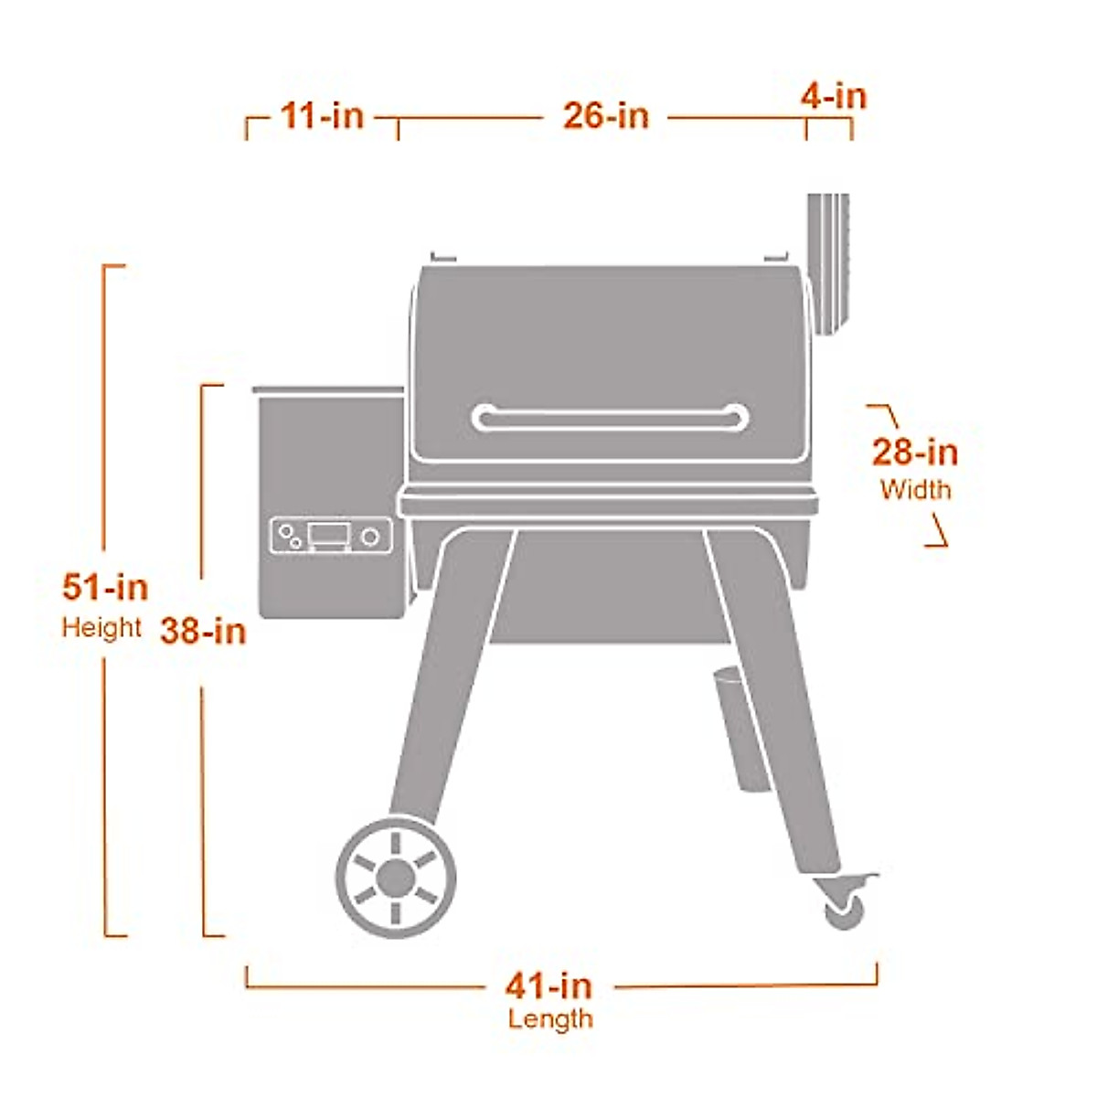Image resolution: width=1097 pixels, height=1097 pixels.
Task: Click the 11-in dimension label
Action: coord(322,117)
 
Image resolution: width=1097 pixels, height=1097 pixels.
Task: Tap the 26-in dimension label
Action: coord(605,117)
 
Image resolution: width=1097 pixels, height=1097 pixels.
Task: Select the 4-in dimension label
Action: coord(834,96)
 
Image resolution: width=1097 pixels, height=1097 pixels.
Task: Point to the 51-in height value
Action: coord(105,587)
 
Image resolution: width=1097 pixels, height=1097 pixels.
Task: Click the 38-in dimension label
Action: coord(203,631)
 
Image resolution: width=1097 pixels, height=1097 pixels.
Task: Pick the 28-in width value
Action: coord(914,453)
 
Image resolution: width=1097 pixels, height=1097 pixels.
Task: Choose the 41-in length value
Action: coord(548,985)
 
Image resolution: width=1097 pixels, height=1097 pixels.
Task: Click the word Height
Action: coord(101,628)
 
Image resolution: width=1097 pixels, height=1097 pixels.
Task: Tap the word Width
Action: coord(915,490)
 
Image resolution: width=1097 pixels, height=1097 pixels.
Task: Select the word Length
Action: coord(550,1018)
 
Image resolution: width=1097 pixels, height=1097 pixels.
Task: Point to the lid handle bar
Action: coord(610,418)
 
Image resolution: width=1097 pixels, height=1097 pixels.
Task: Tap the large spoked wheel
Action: coord(396,878)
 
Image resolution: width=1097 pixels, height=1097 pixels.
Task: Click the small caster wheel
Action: coord(843,909)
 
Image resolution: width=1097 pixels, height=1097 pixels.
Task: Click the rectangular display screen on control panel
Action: coord(328,535)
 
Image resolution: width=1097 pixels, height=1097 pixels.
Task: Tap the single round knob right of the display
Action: coord(369,537)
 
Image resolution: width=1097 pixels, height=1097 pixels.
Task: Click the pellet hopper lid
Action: coord(328,390)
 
